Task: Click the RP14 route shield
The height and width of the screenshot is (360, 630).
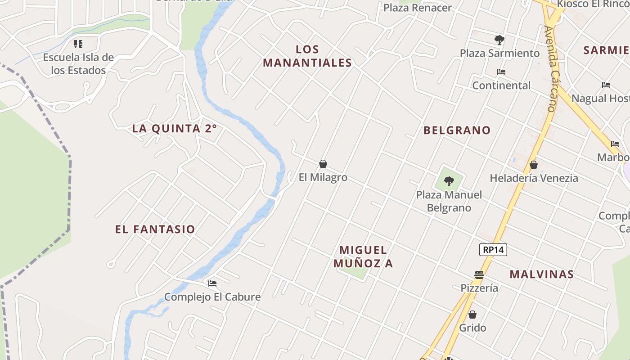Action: point(493,250)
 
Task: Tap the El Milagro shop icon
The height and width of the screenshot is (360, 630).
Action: point(323,164)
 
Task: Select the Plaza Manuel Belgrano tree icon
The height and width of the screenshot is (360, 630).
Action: point(449,181)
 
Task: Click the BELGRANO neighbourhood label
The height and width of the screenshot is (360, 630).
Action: point(457,130)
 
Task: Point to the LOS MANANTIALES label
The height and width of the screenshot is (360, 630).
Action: point(307,56)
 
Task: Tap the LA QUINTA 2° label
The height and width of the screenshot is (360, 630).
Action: point(174,129)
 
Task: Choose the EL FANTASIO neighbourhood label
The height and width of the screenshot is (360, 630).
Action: point(155,229)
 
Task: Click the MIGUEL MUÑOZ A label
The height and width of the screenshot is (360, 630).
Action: point(363,256)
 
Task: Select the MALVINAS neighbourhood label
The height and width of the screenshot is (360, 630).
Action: point(541,274)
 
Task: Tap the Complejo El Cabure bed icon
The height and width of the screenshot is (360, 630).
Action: point(212,283)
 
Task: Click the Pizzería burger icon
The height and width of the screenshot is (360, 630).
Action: point(479,274)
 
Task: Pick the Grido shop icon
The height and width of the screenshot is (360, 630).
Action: point(472,315)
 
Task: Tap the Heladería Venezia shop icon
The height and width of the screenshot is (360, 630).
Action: point(534,165)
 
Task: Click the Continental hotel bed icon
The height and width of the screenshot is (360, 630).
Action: point(501,72)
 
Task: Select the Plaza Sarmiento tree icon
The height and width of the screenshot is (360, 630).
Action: point(499,40)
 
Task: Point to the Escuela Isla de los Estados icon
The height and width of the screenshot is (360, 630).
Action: point(78,44)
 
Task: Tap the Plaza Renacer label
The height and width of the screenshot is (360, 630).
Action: point(417,8)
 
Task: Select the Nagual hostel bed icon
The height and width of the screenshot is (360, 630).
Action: point(606,85)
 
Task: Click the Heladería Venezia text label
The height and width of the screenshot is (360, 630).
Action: point(534,178)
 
